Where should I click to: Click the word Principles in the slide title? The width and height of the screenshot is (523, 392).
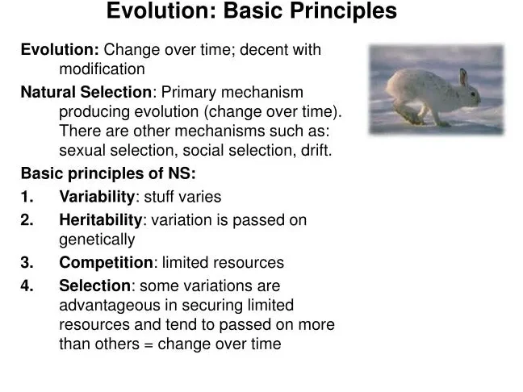pos(343,11)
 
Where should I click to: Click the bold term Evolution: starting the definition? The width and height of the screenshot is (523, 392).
pos(60,50)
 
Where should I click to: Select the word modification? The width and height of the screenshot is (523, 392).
pos(102,69)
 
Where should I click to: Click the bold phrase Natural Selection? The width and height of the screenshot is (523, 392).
pos(86,92)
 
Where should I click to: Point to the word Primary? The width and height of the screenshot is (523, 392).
pos(189,93)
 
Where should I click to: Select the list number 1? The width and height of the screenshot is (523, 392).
pos(27,197)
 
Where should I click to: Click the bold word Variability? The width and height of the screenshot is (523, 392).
pos(97,197)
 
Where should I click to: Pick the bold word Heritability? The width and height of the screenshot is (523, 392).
pos(101,220)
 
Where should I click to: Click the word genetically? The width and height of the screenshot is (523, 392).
pos(97,240)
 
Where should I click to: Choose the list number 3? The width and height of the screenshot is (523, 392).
pos(27,262)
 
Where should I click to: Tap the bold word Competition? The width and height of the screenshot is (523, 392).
pos(106,263)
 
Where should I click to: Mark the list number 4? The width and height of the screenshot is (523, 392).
pos(27,286)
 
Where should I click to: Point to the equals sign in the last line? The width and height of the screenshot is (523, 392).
pos(149,344)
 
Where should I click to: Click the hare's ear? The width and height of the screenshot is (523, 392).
pos(463,77)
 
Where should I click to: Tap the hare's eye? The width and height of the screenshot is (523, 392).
pos(473,94)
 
